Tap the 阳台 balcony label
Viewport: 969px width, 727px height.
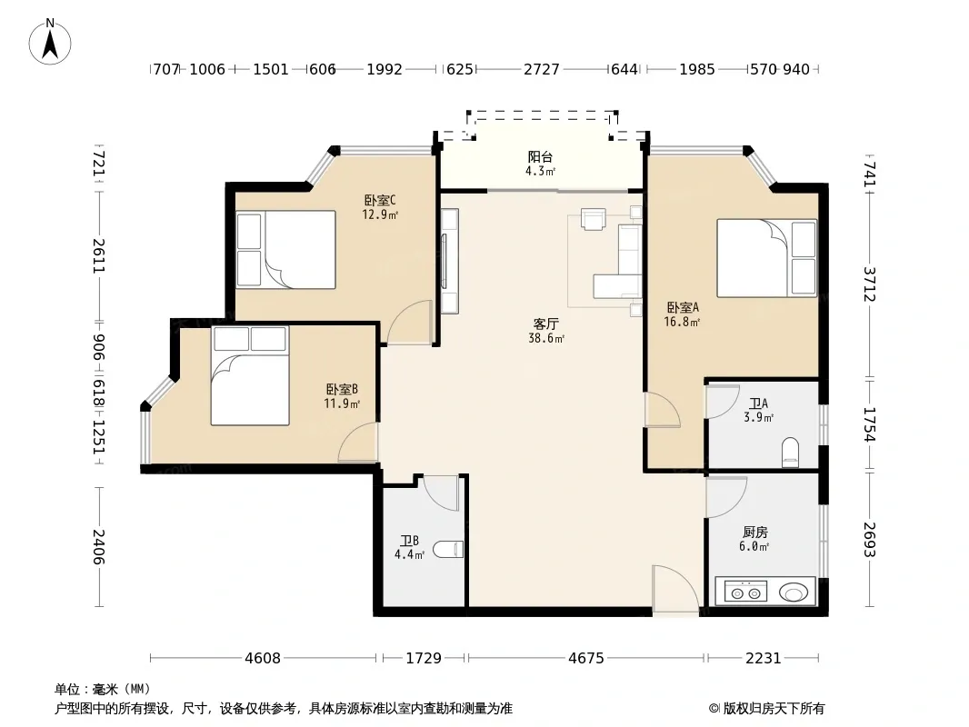pos(540,157)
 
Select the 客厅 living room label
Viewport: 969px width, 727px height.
pos(546,324)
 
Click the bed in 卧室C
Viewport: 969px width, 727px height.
pos(285,250)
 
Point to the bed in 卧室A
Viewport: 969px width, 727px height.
pos(767,258)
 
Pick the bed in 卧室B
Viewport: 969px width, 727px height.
pos(250,375)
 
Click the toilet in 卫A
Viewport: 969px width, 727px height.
pos(791,453)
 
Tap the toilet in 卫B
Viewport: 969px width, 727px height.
pos(448,549)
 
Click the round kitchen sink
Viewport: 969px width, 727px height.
pos(794,593)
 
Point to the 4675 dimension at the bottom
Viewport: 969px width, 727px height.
pos(585,658)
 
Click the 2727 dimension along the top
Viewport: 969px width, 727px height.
pos(542,69)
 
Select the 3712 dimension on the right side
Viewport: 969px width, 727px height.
pos(870,284)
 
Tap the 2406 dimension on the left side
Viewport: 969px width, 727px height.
pos(98,547)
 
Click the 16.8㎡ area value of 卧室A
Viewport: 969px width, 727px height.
pos(682,322)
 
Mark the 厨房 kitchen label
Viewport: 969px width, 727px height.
pos(755,532)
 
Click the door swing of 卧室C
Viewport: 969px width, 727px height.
pos(409,323)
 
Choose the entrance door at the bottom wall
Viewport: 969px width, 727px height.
pos(675,589)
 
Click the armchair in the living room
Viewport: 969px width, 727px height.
pos(593,219)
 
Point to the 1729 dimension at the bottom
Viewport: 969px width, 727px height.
pos(424,658)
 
